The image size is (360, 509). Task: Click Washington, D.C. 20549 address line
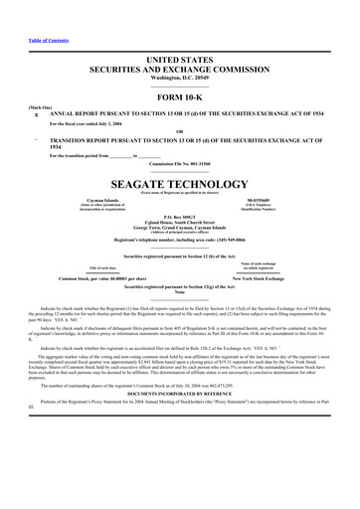pos(180,49)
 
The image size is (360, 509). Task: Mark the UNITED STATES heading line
pos(180,32)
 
